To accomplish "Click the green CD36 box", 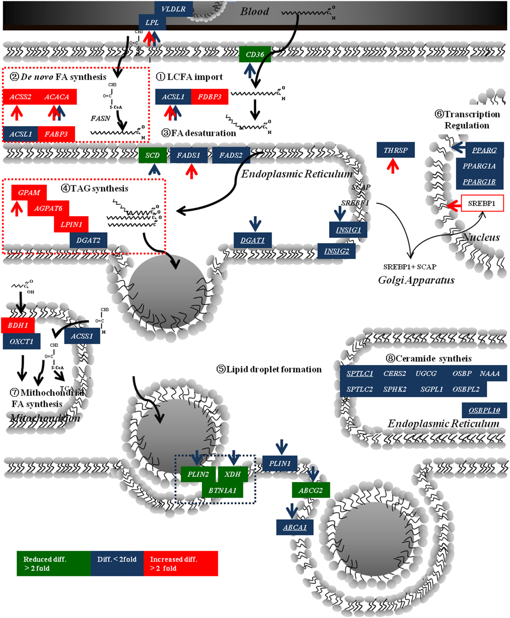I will click(255, 55).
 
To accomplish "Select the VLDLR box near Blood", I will click(173, 9).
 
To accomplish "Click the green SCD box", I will click(152, 155).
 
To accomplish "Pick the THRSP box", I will click(396, 150).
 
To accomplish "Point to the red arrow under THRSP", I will click(393, 166).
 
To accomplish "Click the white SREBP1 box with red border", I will click(482, 203).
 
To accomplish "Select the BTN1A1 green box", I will click(222, 490).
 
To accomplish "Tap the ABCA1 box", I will click(295, 527).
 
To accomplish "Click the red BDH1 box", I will click(18, 325).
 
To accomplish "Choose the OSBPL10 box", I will click(484, 410).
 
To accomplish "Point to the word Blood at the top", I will click(254, 12).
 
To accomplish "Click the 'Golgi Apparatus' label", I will click(416, 280).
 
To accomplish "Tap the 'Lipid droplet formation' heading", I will click(270, 369).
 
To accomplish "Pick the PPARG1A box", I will click(479, 166).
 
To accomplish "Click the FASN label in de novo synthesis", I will click(100, 118).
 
